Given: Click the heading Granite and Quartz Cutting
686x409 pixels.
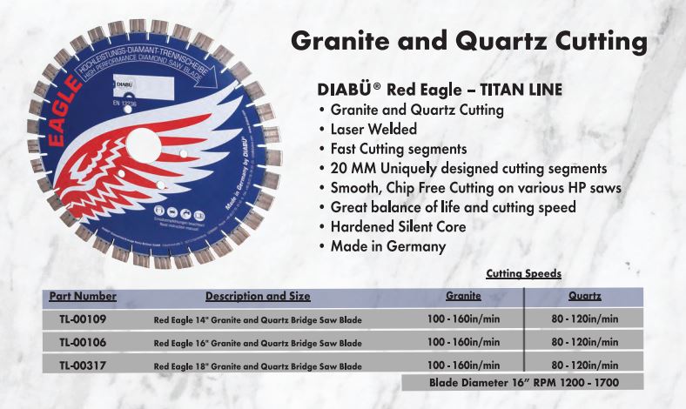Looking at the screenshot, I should (468, 41).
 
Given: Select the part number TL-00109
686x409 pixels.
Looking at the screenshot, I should (83, 319).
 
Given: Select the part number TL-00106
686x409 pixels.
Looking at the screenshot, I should (83, 342).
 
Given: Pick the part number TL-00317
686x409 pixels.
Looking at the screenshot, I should (83, 365).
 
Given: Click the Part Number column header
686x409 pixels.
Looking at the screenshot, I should (83, 296).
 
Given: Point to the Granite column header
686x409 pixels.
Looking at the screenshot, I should (463, 296).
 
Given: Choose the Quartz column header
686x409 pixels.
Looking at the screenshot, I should (584, 296).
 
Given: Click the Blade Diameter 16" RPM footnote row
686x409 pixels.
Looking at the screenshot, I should (522, 382).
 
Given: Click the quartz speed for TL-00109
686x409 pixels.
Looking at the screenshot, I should (584, 319).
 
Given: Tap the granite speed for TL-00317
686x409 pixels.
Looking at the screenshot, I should (463, 365).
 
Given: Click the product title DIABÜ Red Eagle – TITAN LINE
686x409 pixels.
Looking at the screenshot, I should (441, 90).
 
